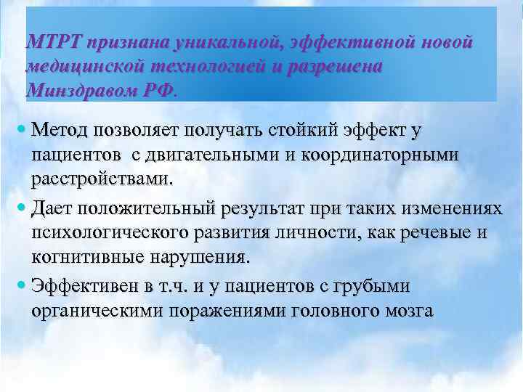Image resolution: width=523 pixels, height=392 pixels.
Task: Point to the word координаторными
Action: [388, 155]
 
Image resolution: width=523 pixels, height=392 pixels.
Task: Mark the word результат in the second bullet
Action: [269, 209]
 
